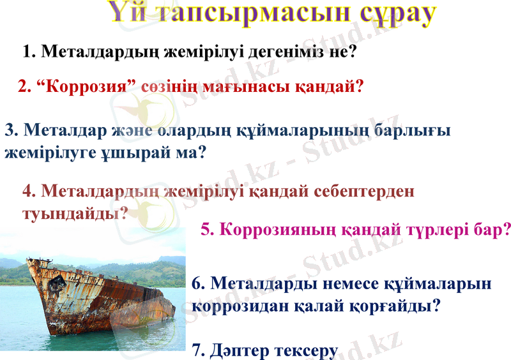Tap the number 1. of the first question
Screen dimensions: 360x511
point(29,52)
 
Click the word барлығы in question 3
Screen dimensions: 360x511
point(413,131)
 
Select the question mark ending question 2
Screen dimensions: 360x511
point(360,86)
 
